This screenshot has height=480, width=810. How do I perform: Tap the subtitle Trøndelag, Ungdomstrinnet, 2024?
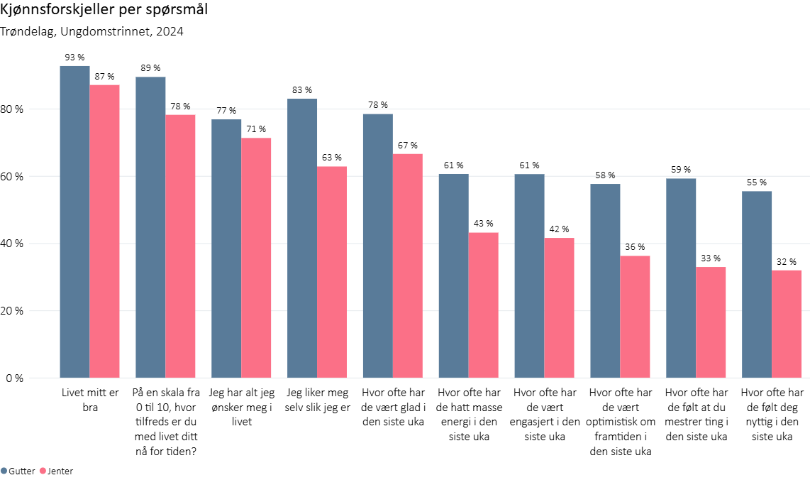92,31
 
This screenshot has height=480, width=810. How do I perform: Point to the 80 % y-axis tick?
12,109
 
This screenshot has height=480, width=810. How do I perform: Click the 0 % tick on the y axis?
15,378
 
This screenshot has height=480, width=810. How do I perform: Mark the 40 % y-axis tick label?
12,244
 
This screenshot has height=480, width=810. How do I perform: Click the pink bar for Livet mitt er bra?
104,231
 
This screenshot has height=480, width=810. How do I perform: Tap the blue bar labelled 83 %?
301,238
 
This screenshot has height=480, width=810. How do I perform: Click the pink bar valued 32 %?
786,324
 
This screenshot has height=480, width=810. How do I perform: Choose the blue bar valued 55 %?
756,284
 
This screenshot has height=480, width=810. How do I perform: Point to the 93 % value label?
74,57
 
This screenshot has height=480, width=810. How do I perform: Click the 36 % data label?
635,246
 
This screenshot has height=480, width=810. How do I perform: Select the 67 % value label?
408,145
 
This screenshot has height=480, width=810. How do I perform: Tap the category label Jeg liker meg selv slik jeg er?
317,400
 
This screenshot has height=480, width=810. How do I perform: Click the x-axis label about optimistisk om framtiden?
620,422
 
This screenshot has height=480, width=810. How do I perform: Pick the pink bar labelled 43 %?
483,305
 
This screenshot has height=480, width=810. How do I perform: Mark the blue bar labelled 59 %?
680,278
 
